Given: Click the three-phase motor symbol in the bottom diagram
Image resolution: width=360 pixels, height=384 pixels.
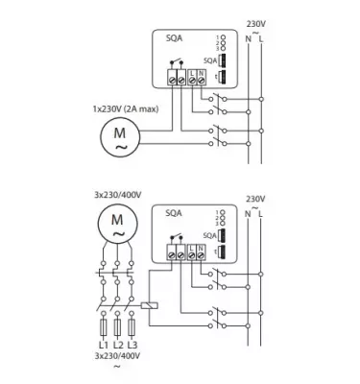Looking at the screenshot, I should coord(118,228).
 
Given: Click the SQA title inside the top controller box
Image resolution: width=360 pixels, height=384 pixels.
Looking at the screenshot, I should coord(174,39).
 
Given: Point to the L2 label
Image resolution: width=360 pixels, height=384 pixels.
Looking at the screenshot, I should coord(117,344).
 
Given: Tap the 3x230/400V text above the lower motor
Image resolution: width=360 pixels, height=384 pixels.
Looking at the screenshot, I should coord(118,196).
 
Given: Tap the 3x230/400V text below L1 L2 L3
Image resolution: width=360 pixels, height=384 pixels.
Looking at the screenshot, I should coord(116,356).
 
